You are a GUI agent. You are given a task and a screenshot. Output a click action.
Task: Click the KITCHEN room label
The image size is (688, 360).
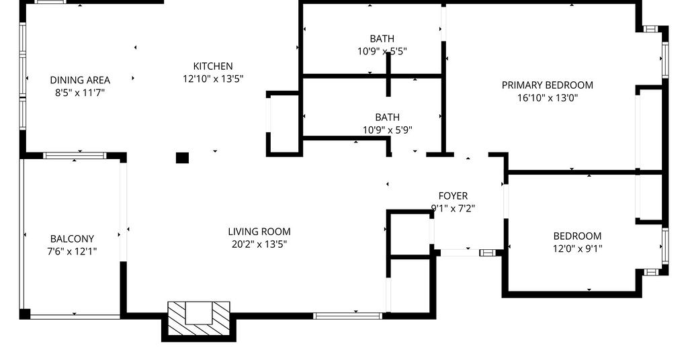(x=213, y=66)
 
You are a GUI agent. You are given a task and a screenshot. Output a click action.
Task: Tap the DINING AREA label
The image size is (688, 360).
(x=80, y=80)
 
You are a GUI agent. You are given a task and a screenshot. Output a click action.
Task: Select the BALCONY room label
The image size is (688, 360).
(x=72, y=239)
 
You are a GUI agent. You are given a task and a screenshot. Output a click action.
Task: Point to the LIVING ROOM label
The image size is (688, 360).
(x=259, y=232)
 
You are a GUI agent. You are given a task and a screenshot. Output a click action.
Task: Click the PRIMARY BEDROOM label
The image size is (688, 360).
(x=548, y=85)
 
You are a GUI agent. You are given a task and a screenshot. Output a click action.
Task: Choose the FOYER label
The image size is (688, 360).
(x=454, y=196)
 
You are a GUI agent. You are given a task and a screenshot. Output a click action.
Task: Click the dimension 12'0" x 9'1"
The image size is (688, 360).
(x=577, y=249)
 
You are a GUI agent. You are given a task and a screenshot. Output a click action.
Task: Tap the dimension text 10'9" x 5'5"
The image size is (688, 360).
(x=382, y=51)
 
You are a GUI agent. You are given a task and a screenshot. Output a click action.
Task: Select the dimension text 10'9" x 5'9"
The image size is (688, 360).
(x=388, y=130)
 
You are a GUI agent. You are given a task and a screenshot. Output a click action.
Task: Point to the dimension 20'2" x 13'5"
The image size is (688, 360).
(x=259, y=244)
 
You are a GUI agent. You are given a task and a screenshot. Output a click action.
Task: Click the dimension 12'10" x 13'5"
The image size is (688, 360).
(x=213, y=79)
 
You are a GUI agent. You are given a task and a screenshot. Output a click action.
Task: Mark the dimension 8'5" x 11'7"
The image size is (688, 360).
(x=80, y=93)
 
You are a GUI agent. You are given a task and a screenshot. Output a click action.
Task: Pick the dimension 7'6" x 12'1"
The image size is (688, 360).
(x=72, y=252)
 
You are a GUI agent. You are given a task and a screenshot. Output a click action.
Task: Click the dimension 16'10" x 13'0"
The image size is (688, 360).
(x=548, y=98)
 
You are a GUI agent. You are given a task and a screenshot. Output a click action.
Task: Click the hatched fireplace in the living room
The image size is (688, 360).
(x=199, y=319)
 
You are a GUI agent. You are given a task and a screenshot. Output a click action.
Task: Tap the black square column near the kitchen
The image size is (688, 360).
(x=182, y=158)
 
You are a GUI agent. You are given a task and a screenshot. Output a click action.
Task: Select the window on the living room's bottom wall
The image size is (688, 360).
(x=347, y=316)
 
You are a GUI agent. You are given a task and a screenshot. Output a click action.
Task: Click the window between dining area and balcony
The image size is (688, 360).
(x=75, y=155)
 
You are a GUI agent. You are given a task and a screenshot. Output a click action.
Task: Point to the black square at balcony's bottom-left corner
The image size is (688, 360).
(x=25, y=314)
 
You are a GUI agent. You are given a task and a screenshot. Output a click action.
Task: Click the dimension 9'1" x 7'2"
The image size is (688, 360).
(x=454, y=209)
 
